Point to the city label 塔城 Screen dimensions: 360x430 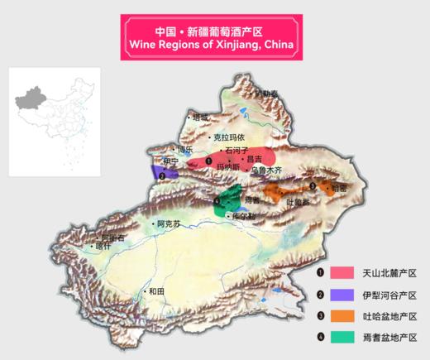click(199, 118)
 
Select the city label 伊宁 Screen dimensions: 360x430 click(170, 161)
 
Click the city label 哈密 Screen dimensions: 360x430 click(338, 188)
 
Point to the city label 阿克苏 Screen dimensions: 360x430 click(167, 224)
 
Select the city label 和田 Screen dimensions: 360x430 click(156, 291)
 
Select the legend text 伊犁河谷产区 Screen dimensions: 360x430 click(389, 295)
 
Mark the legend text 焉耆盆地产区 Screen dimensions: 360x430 click(389, 338)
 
